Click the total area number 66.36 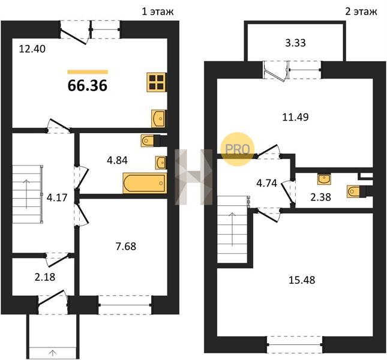[88, 86]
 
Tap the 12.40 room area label [32, 49]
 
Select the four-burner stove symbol [157, 82]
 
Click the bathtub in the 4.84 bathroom [145, 183]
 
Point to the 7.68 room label [126, 246]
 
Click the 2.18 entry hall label [45, 277]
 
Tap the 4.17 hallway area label [57, 197]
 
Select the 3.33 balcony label [295, 43]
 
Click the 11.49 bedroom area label [295, 117]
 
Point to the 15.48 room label [302, 280]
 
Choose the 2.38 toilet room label [320, 197]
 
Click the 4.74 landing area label [267, 183]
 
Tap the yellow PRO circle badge [237, 149]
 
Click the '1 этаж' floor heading [158, 11]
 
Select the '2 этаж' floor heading [361, 11]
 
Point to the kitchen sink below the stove [158, 119]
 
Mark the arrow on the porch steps [53, 353]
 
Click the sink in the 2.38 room [324, 179]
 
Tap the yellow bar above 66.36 [88, 72]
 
